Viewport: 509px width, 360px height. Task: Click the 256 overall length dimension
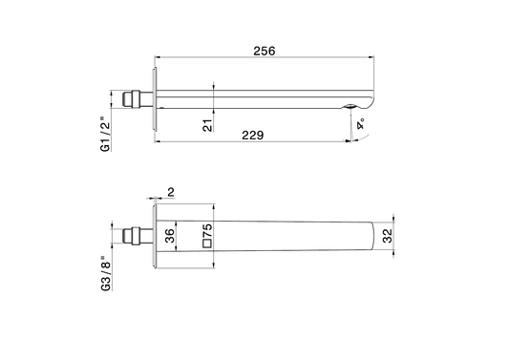pos(265,51)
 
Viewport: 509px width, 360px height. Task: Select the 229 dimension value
pos(253,135)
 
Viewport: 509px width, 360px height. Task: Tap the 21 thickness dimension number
pos(207,125)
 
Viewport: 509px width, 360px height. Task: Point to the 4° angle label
pos(360,124)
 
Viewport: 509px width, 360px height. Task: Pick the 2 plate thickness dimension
pos(171,192)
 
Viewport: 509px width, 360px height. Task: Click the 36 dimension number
pos(169,236)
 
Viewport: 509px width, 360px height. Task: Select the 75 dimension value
pos(207,231)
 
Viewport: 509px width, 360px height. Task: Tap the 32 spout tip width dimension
pos(388,236)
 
